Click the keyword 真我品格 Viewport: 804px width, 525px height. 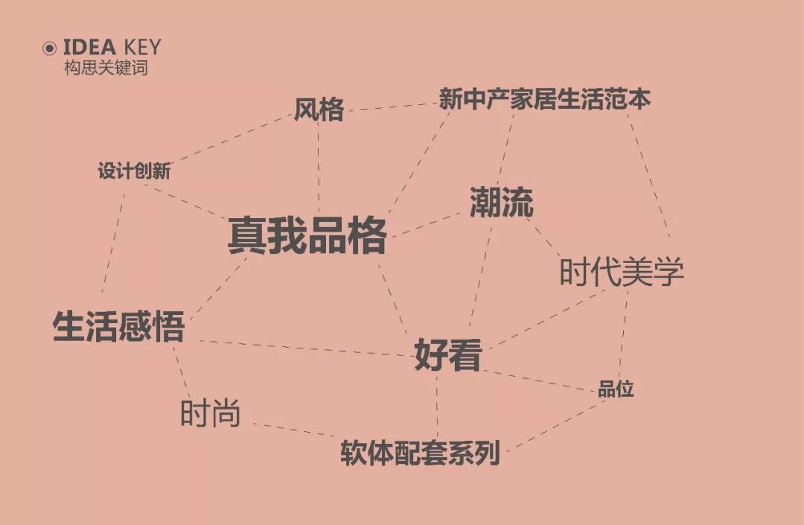coord(307,235)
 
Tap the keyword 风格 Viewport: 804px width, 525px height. coord(319,110)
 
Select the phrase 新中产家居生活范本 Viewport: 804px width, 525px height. coord(544,99)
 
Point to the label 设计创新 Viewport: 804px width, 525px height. coord(134,171)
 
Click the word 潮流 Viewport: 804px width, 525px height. coord(502,203)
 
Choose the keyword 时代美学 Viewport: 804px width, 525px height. coord(621,273)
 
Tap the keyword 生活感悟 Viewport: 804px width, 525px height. coord(118,327)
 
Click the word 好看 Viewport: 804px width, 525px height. coord(448,354)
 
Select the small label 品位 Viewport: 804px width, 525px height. coord(616,389)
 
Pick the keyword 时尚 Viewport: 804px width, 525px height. coord(211,414)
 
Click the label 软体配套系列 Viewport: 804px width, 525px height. coord(420,453)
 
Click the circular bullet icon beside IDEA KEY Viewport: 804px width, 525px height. coord(50,48)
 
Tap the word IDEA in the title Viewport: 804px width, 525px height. coord(89,48)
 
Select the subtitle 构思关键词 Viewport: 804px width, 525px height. coord(106,68)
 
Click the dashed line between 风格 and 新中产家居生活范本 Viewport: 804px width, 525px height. coord(391,106)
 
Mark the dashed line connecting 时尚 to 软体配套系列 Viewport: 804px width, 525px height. coord(294,430)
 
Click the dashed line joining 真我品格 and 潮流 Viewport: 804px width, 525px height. coord(427,224)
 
